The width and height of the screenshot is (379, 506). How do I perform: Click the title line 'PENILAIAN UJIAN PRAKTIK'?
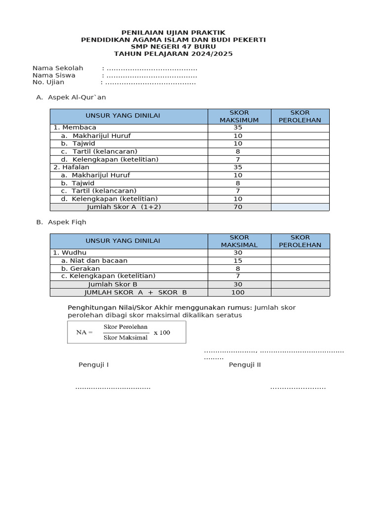click(173, 32)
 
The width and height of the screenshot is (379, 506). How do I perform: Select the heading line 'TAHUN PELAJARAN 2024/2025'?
click(173, 53)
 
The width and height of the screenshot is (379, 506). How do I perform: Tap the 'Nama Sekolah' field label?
click(58, 68)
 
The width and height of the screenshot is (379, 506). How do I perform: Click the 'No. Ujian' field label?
click(48, 83)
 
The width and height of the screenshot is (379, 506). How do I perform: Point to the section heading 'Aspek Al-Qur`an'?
click(76, 97)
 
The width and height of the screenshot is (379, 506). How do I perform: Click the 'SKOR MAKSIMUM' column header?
click(239, 116)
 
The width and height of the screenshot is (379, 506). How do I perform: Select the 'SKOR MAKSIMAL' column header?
click(239, 241)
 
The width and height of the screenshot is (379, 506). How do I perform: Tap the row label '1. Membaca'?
click(75, 127)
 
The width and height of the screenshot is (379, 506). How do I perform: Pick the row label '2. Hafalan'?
click(72, 167)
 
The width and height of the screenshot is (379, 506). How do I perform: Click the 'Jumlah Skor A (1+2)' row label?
click(124, 207)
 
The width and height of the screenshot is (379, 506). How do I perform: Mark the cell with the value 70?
click(238, 207)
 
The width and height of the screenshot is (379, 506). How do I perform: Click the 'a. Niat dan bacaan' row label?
click(94, 260)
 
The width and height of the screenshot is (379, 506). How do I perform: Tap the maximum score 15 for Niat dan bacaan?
click(238, 260)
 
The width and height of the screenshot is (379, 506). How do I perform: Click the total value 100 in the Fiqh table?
click(238, 292)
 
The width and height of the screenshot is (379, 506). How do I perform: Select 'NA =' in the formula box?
click(84, 333)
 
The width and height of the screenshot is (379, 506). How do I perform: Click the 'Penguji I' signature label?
click(93, 365)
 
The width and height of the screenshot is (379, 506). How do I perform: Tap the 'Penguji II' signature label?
click(244, 365)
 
